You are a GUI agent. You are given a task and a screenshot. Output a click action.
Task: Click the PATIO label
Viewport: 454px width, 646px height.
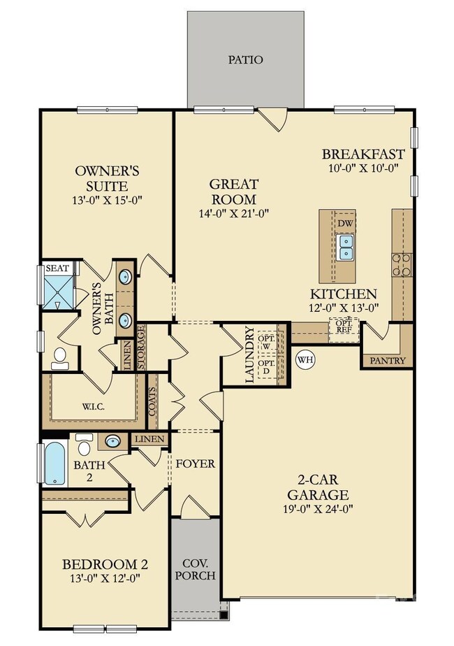pos(246,59)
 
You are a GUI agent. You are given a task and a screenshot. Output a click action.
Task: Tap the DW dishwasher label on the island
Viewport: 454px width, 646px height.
pos(346,223)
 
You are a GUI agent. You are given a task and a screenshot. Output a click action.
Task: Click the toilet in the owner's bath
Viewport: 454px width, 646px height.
pos(59,358)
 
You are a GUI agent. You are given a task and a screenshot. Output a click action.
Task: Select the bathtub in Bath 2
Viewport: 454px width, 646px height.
pos(54,462)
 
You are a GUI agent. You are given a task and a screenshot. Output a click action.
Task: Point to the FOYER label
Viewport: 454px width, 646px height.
pos(195,464)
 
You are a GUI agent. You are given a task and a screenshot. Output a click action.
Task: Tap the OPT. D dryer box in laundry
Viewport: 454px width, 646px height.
pos(267,368)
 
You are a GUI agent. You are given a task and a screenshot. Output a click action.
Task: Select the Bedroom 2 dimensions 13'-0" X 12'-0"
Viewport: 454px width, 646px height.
pos(105,578)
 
